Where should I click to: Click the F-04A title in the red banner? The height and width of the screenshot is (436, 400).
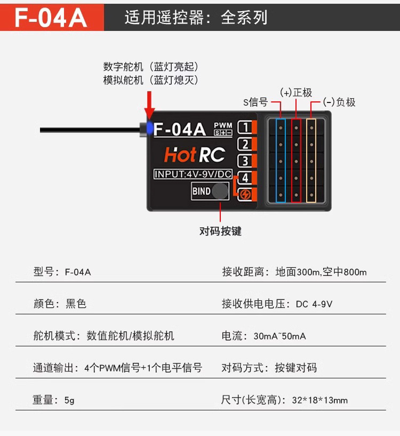51,18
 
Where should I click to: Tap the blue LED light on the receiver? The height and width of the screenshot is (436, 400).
150,128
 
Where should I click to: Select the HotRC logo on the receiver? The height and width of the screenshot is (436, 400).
195,155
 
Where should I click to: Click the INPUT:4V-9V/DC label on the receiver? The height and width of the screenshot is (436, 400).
193,174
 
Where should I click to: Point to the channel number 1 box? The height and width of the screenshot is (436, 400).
245,128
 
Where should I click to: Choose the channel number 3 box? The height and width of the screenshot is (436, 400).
245,161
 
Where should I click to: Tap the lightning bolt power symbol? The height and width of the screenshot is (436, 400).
245,194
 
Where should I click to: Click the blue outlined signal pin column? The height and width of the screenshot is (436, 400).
281,161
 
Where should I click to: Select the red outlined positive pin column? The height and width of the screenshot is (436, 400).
297,161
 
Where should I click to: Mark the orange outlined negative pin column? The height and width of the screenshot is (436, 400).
311,161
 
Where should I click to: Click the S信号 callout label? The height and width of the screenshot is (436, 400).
255,102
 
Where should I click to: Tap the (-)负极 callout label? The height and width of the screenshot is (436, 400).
339,102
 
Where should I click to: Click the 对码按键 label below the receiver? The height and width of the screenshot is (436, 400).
220,231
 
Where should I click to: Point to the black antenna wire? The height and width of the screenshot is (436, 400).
90,130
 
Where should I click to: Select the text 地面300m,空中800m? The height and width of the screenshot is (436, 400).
321,272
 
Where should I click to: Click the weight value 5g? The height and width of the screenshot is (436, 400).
69,400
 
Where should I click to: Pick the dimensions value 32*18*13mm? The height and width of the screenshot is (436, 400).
319,400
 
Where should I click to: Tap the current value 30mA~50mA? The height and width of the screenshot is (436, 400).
279,336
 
